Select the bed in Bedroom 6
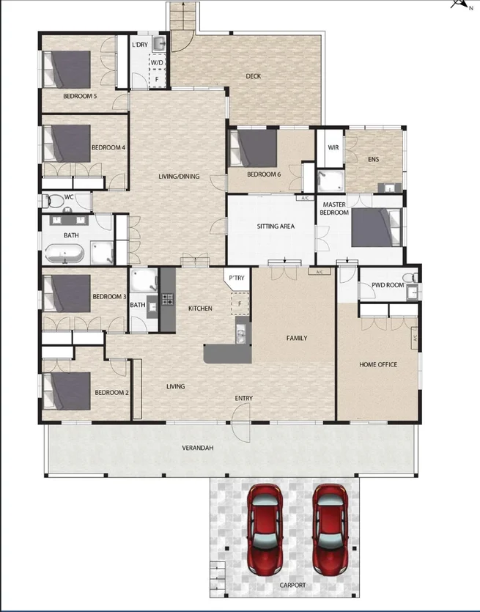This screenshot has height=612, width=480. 254,148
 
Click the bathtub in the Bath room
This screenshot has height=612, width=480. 65,254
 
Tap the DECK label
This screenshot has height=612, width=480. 254,76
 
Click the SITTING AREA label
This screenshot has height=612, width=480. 276,226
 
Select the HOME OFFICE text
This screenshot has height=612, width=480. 378,364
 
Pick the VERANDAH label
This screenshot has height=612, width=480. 198,448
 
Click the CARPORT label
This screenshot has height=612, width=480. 292,586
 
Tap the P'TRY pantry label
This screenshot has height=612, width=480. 236,278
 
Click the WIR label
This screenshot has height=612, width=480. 333,147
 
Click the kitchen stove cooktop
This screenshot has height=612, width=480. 167,299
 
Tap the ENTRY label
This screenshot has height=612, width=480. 244,398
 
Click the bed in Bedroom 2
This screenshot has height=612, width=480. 67,390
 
